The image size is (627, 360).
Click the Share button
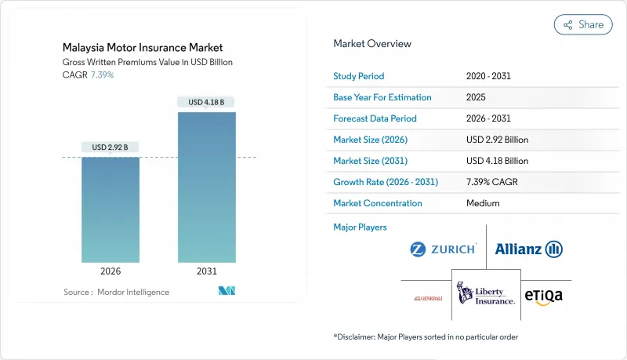[x=583, y=24]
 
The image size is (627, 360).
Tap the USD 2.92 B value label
[x=111, y=147]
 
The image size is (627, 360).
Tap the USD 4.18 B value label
[x=206, y=102]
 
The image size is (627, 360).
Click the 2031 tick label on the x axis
[x=206, y=271]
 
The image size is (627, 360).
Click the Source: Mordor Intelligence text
[x=116, y=292]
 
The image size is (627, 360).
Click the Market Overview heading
[x=371, y=43]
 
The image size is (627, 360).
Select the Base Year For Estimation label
[x=382, y=97]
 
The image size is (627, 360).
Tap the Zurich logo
[x=444, y=249]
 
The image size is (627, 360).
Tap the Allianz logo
[x=529, y=249]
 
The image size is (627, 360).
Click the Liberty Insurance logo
[x=486, y=294]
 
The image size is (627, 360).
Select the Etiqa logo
[x=543, y=296]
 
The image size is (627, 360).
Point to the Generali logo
[x=429, y=298]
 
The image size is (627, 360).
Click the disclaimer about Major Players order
[x=426, y=336]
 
